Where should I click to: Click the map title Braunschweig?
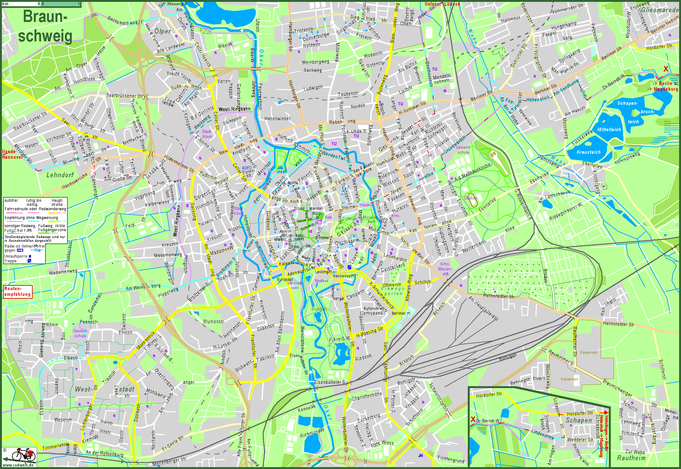pyautogui.click(x=45, y=26)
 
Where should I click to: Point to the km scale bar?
pyautogui.click(x=41, y=4)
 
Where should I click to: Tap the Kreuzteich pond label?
pyautogui.click(x=589, y=152)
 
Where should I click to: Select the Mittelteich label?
pyautogui.click(x=609, y=130)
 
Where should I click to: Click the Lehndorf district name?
pyautogui.click(x=60, y=175)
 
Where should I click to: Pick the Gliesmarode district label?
pyautogui.click(x=659, y=10)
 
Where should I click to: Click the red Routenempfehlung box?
pyautogui.click(x=18, y=291)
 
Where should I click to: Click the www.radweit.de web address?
pyautogui.click(x=18, y=465)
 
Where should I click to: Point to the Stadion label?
pyautogui.click(x=470, y=198)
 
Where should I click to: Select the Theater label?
pyautogui.click(x=365, y=205)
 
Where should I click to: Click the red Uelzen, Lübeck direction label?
pyautogui.click(x=442, y=4)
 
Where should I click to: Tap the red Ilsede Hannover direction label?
pyautogui.click(x=13, y=154)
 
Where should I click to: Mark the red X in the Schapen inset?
pyautogui.click(x=473, y=419)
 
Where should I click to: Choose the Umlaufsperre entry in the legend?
pyautogui.click(x=16, y=256)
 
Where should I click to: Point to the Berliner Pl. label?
pyautogui.click(x=401, y=313)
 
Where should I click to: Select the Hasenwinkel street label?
pyautogui.click(x=277, y=119)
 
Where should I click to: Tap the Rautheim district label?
pyautogui.click(x=631, y=458)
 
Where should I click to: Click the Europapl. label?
pyautogui.click(x=285, y=279)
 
